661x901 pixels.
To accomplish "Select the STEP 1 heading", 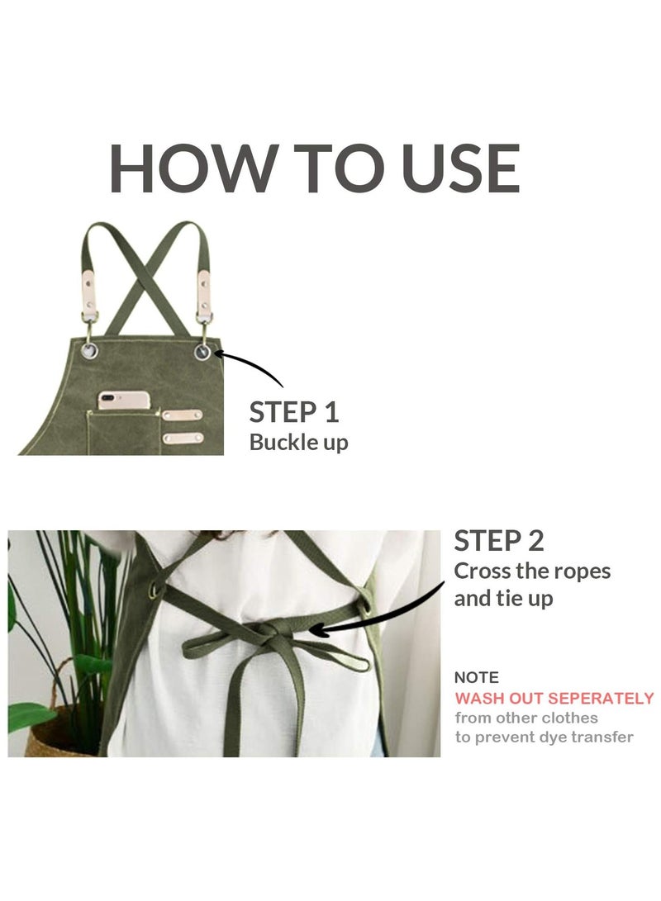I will pos(294,412).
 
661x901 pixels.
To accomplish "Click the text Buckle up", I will pos(298,442).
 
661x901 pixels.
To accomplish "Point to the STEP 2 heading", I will pos(499,541).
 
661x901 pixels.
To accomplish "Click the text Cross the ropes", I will pos(532,571).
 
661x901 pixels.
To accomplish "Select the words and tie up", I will pos(503,599).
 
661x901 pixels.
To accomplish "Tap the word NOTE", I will pos(477,677).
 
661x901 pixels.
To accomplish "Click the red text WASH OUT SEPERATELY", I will pos(554,698).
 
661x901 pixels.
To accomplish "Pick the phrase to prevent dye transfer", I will pos(544,737).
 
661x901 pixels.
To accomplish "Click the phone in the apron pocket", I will pos(124,401).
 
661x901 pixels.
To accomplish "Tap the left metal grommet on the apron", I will pos(89,351).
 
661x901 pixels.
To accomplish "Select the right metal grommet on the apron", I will pos(202,353).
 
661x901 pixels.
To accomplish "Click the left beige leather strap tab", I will pos(88,287).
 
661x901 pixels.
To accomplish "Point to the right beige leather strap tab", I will pos(202,287).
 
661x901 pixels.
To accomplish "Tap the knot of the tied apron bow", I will pos(272,634).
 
